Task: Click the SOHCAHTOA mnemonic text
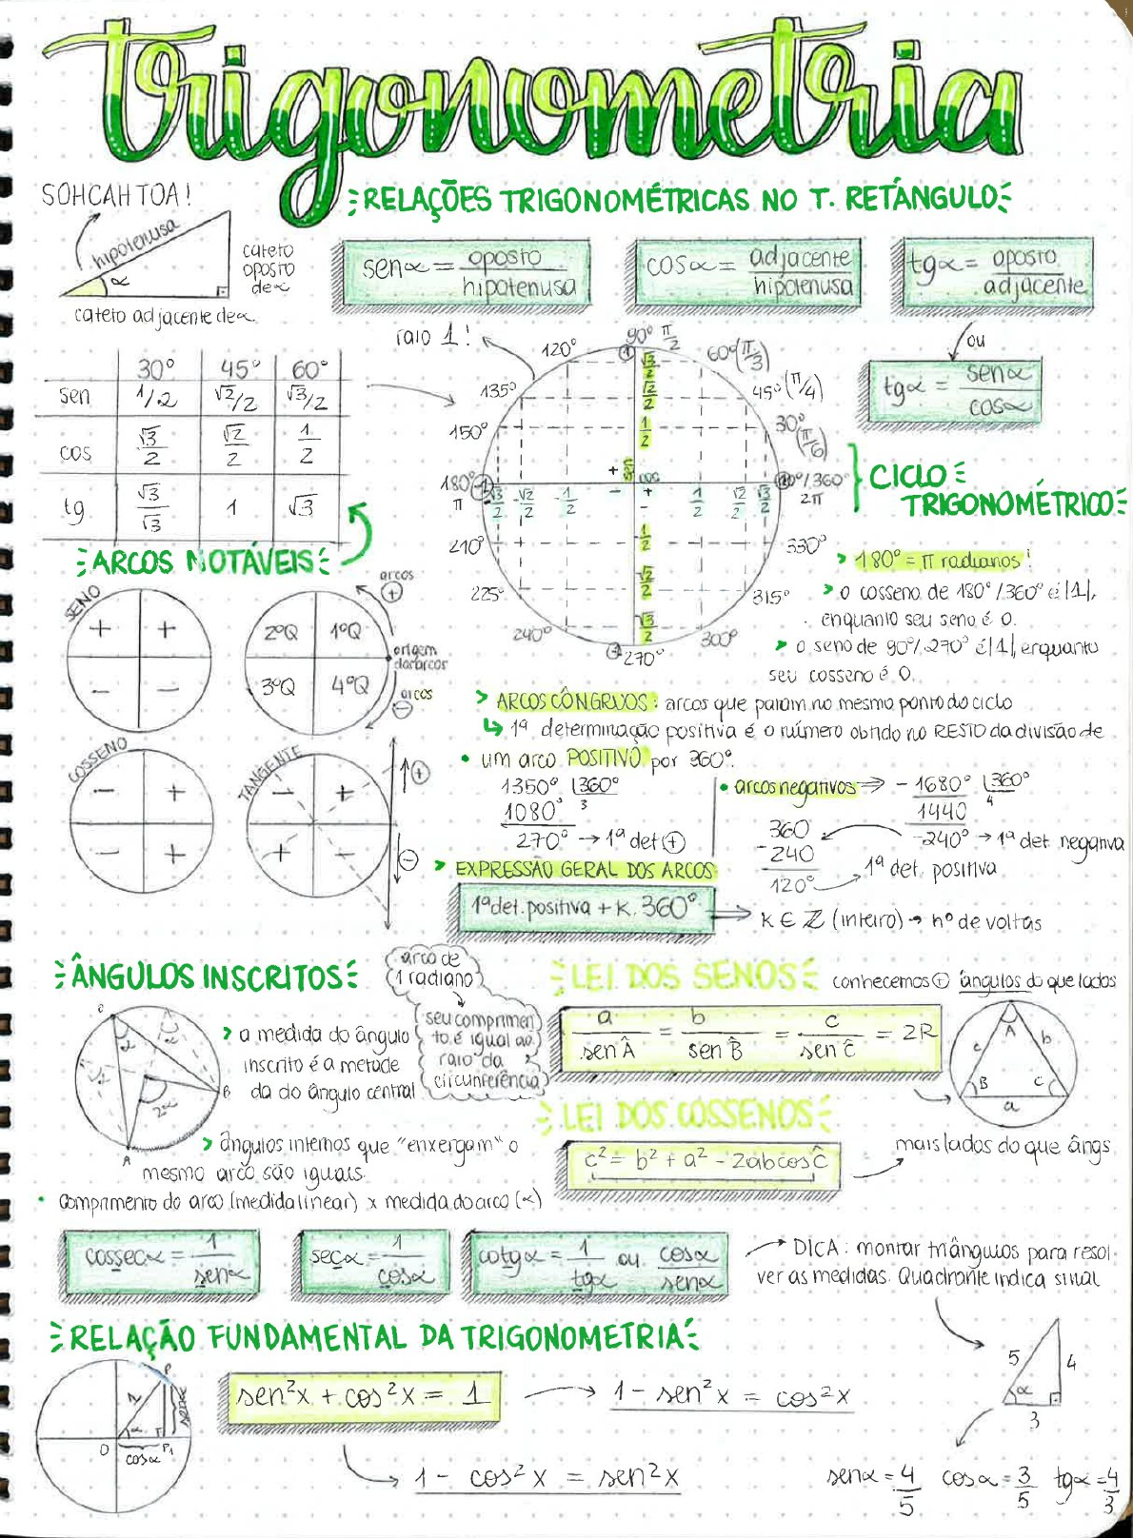(116, 195)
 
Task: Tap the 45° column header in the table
(237, 368)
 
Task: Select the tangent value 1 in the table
(231, 508)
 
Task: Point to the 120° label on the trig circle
(558, 348)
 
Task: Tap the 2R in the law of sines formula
(918, 1031)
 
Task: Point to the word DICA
(815, 1247)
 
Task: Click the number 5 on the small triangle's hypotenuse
(1014, 1358)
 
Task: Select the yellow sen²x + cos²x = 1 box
(362, 1396)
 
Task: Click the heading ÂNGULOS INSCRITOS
(207, 976)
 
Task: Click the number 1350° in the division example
(529, 787)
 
